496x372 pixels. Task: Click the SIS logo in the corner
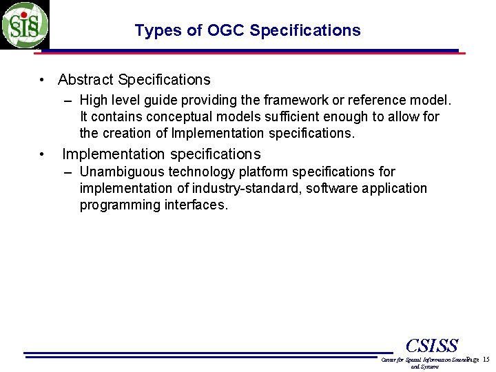25,25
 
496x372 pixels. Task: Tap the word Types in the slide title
154,31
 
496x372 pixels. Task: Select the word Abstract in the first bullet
86,80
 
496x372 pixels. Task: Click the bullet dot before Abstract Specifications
43,81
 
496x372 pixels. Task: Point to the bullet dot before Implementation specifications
43,154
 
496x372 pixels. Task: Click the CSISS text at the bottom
432,345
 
